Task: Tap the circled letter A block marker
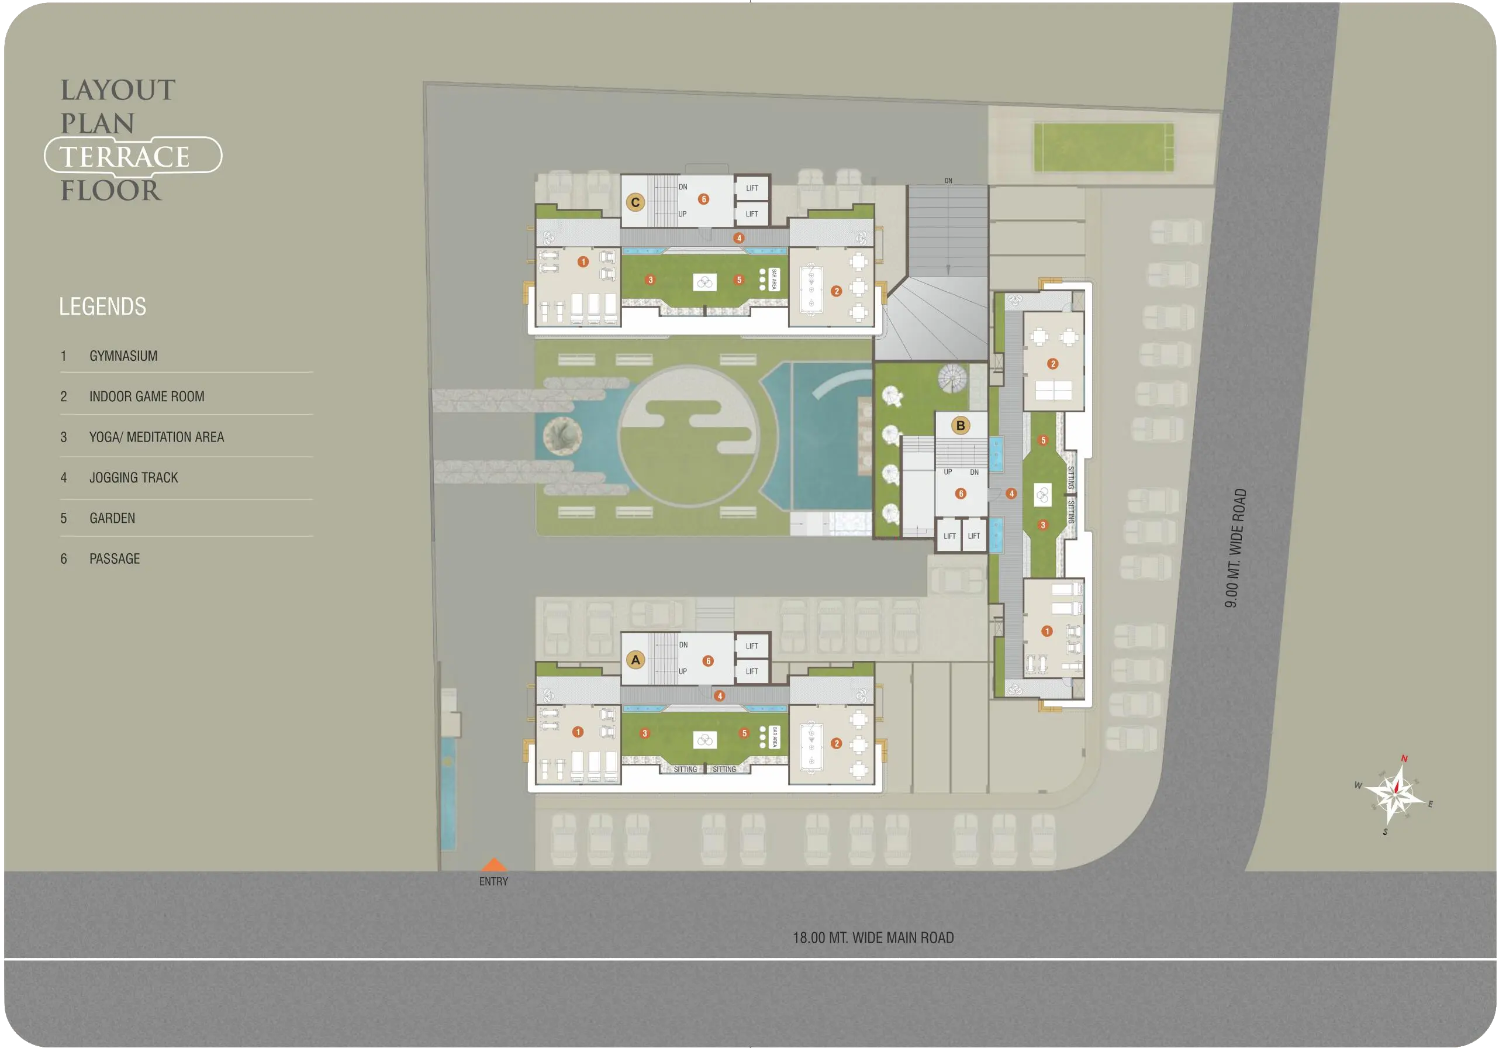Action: pyautogui.click(x=635, y=660)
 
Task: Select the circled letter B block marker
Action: pyautogui.click(x=961, y=426)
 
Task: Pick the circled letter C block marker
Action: pyautogui.click(x=635, y=202)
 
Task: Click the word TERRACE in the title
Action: pyautogui.click(x=125, y=157)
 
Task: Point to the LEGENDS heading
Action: pyautogui.click(x=102, y=306)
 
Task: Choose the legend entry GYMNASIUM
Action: pyautogui.click(x=123, y=356)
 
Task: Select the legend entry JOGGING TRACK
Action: pyautogui.click(x=134, y=477)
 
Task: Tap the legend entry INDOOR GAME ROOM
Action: pyautogui.click(x=147, y=397)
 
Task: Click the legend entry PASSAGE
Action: pyautogui.click(x=115, y=559)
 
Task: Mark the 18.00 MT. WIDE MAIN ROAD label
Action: pyautogui.click(x=873, y=937)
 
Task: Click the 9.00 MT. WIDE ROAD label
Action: pyautogui.click(x=1235, y=548)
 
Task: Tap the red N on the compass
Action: pyautogui.click(x=1404, y=758)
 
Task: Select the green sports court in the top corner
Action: pyautogui.click(x=1104, y=147)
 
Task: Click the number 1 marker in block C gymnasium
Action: pyautogui.click(x=583, y=262)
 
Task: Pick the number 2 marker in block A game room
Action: pyautogui.click(x=837, y=743)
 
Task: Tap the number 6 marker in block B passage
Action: pyautogui.click(x=961, y=494)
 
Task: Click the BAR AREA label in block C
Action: pyautogui.click(x=774, y=280)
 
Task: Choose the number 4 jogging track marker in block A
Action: pyautogui.click(x=720, y=696)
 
